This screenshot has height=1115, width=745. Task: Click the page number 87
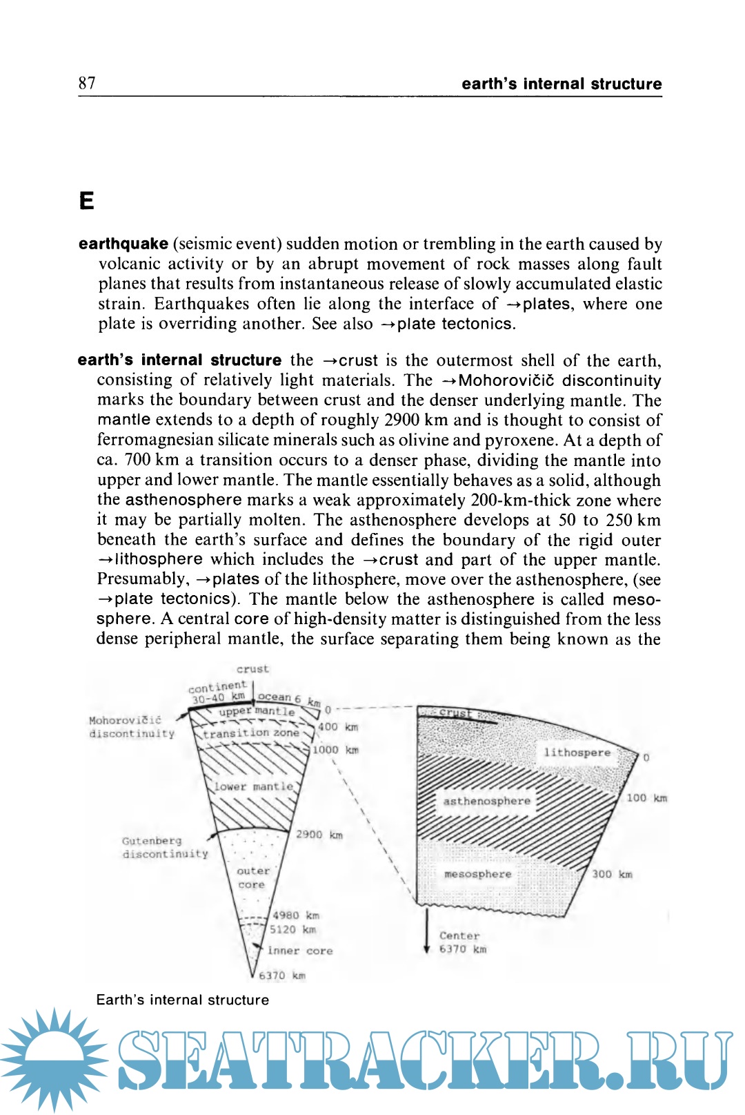(87, 84)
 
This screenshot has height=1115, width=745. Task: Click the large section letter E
(86, 201)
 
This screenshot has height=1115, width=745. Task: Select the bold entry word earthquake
(123, 244)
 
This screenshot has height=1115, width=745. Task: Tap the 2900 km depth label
(319, 835)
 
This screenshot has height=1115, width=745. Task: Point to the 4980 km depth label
(295, 915)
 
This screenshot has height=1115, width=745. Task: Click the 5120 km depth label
(292, 930)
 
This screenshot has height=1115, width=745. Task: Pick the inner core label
(300, 951)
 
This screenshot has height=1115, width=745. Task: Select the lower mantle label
(253, 786)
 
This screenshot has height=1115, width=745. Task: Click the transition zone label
(250, 733)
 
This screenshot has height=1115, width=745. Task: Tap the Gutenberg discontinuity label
(164, 847)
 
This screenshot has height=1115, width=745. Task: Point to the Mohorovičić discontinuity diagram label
(131, 727)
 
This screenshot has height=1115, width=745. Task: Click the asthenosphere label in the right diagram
(486, 801)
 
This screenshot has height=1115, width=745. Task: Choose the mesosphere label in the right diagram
(477, 874)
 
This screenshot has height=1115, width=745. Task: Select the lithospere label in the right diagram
(577, 752)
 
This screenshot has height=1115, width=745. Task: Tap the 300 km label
(612, 874)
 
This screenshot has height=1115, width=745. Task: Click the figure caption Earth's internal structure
(183, 1000)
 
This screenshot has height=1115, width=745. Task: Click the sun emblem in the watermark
(54, 1060)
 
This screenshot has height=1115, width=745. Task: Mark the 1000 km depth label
(335, 750)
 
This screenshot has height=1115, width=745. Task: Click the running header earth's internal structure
(562, 84)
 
